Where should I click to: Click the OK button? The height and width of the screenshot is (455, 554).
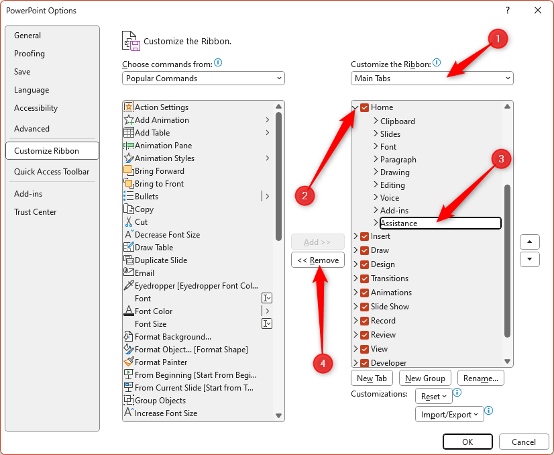(467, 442)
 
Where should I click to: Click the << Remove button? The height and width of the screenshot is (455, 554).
(318, 260)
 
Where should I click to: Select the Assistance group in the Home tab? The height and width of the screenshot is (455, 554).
(440, 223)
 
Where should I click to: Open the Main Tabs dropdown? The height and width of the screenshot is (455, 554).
(432, 78)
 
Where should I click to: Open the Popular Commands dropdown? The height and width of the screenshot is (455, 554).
(203, 78)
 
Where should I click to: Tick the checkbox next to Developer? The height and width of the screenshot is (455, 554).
(365, 363)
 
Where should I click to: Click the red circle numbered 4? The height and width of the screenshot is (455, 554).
(323, 363)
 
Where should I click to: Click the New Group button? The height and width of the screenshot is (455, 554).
(425, 378)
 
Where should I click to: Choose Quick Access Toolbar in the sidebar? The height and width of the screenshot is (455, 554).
(52, 172)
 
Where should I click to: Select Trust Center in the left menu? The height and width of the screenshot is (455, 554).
(36, 212)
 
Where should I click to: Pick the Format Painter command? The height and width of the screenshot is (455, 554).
(161, 362)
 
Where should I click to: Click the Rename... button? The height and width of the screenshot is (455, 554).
(480, 378)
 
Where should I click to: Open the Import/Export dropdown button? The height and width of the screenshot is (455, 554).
(449, 414)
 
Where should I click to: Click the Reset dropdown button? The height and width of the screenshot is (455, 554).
(433, 397)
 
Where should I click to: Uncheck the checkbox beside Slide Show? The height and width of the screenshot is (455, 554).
(365, 307)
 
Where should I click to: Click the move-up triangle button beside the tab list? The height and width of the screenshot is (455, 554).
(530, 242)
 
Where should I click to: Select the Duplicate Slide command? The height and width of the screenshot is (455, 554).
(161, 260)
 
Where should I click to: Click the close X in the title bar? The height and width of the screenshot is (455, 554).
(538, 10)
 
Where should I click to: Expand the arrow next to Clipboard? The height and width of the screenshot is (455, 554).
(376, 121)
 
